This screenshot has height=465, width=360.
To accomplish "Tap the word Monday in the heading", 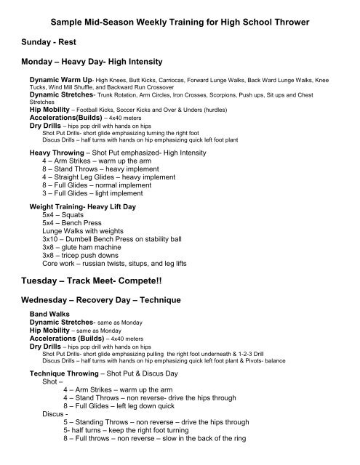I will pos(41,63).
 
